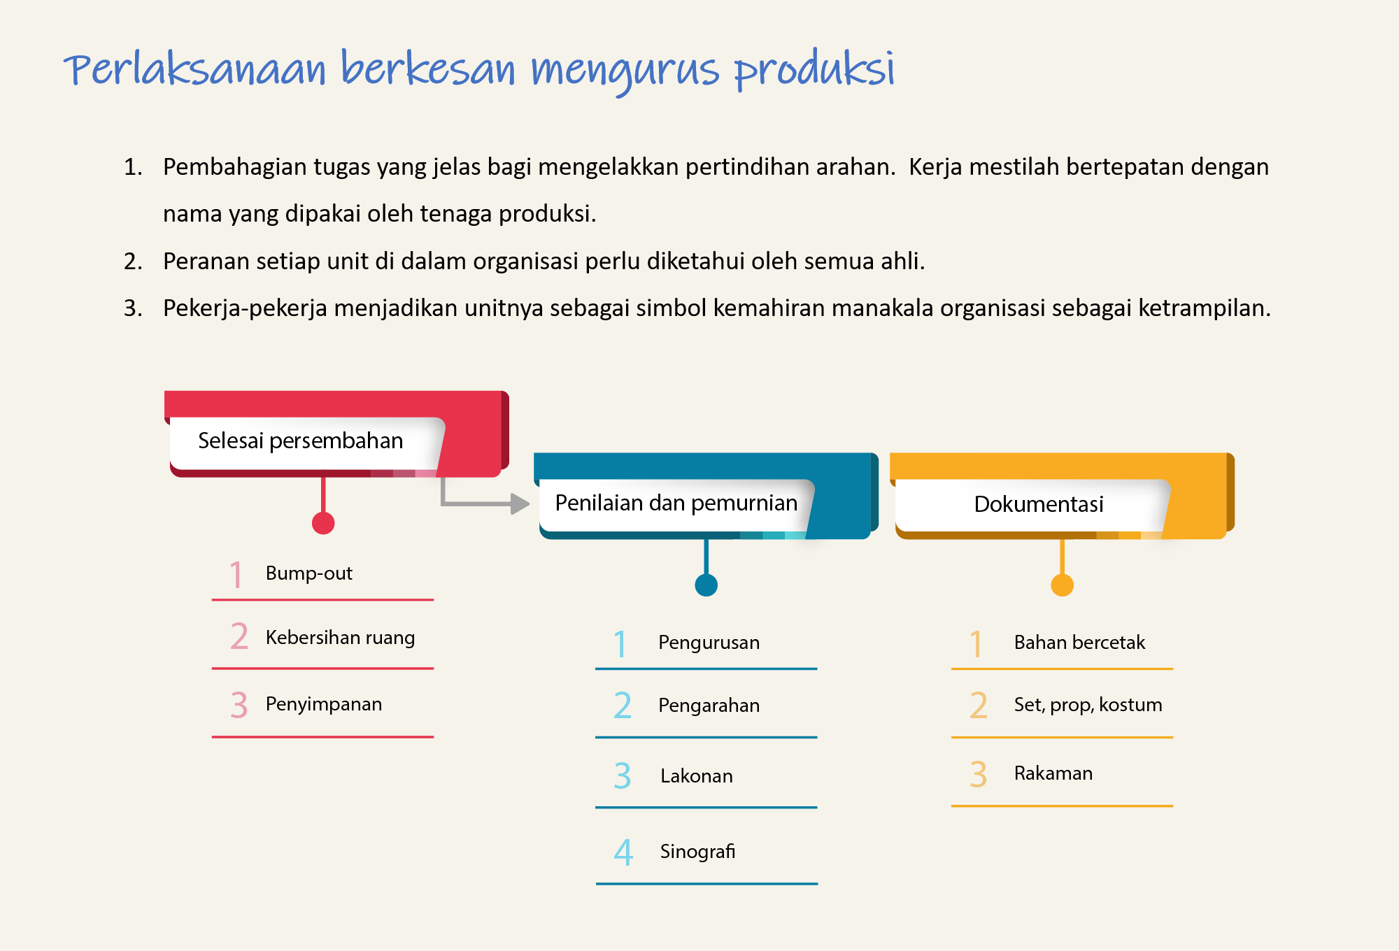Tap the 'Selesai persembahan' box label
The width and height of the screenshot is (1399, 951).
pos(301,441)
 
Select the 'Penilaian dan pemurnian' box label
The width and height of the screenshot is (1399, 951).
pos(676,503)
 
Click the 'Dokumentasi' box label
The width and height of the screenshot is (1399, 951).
pos(1039,503)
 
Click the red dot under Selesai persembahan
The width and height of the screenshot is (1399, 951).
pos(323,523)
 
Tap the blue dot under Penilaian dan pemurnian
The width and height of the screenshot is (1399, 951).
pos(706,585)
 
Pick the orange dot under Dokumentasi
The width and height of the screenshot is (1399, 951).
pos(1063,585)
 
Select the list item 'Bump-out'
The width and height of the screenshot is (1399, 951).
pos(308,573)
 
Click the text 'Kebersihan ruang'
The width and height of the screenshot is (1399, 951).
pos(340,638)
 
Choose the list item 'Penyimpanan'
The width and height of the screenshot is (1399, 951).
pos(324,704)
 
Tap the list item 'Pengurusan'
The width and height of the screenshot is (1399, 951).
pos(709,643)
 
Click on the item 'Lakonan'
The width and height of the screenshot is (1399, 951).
pos(697,776)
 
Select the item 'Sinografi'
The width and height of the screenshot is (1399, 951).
pos(697,852)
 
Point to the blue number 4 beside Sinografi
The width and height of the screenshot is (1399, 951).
pos(623,852)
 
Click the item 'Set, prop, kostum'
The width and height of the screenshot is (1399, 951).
pos(1088,705)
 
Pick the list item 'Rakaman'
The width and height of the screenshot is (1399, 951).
pos(1053,773)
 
